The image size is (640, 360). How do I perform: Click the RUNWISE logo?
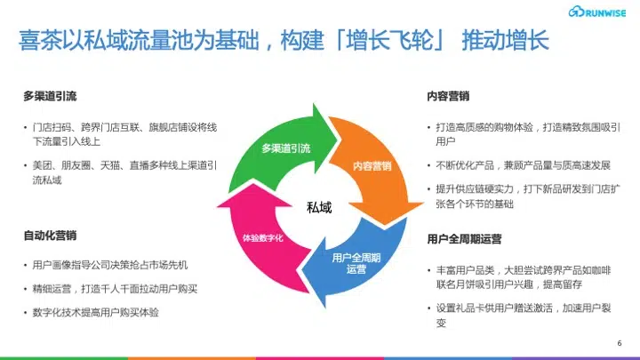[597, 12]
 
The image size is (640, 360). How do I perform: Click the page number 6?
[620, 343]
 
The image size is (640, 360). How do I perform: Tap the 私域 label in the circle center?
[319, 207]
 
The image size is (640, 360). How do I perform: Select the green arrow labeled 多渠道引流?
[285, 148]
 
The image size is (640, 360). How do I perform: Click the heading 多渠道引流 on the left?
[50, 96]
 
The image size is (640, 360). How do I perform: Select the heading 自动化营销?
[50, 236]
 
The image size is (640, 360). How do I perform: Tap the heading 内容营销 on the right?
[448, 96]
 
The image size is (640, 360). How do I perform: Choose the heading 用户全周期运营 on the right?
[464, 239]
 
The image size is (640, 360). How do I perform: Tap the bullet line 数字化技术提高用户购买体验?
[95, 313]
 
